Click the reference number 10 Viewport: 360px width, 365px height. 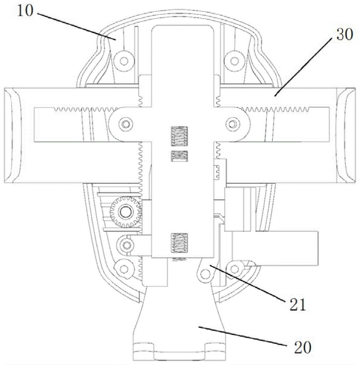click(x=25, y=11)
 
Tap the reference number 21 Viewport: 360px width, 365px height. click(x=297, y=305)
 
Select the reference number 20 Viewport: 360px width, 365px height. click(x=303, y=347)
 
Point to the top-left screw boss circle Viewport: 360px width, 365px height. click(x=124, y=61)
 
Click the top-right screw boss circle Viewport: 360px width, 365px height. click(x=235, y=61)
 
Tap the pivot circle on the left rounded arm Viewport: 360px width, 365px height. click(x=126, y=124)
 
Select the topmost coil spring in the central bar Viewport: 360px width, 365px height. click(x=179, y=137)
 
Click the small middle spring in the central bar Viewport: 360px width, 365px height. click(x=179, y=156)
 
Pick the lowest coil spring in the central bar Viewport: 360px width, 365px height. click(x=179, y=243)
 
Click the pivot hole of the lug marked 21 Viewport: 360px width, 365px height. click(x=205, y=274)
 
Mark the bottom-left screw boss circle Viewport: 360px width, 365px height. click(x=124, y=269)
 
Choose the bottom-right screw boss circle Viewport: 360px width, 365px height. click(x=235, y=269)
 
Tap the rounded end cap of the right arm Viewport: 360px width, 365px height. click(x=346, y=135)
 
